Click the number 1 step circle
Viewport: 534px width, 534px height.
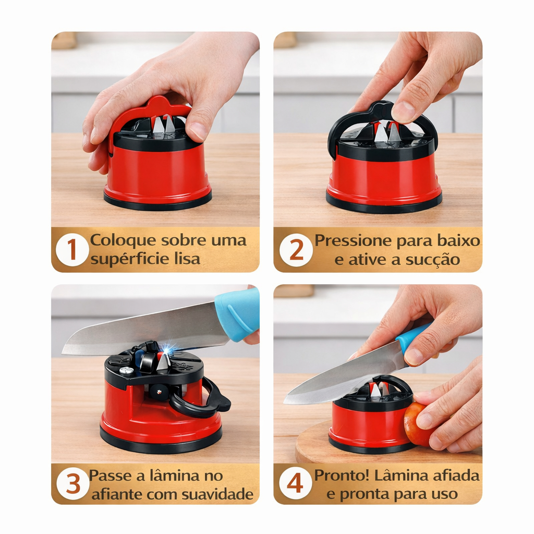[x=72, y=250]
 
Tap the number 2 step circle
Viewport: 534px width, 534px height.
[x=296, y=250]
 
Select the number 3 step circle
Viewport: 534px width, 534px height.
[x=73, y=483]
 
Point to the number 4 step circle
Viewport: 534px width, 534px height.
[x=295, y=483]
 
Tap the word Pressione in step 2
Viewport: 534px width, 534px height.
[x=353, y=240]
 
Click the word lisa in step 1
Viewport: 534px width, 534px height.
[x=187, y=259]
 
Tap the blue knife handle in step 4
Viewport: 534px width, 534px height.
[x=412, y=339]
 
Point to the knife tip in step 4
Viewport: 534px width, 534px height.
[x=285, y=402]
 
